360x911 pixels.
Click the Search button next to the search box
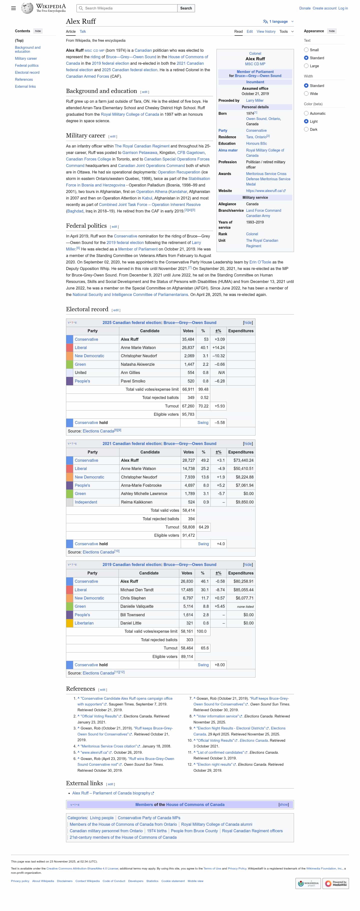(186, 8)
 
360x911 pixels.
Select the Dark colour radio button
(306, 129)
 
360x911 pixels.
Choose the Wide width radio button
(306, 94)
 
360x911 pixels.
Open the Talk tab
(83, 31)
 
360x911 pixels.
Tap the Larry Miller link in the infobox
(254, 100)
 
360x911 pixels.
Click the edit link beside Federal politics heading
(114, 227)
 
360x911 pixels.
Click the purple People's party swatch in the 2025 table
(70, 381)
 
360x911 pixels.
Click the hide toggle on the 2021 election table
(247, 443)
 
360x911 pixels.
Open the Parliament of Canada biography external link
(111, 793)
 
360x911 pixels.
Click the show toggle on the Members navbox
(283, 804)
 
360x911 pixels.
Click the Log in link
(343, 8)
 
